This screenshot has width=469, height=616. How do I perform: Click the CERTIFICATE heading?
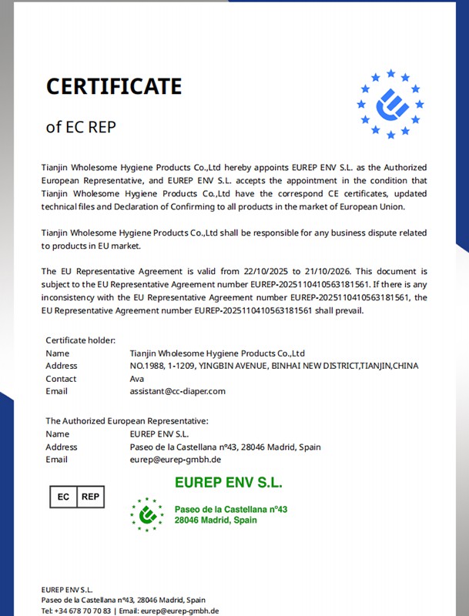coord(114,85)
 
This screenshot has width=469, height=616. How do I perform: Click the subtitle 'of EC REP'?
coord(81,126)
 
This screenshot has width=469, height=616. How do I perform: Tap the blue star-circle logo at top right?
coord(390,104)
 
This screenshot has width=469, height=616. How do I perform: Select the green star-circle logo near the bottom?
coord(146,514)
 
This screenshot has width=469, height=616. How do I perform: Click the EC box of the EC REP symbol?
coord(64,497)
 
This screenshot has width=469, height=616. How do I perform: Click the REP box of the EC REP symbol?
coord(91,497)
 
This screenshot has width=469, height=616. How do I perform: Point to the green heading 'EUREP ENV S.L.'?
coord(228,484)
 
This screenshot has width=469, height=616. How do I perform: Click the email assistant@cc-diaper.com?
coord(177,391)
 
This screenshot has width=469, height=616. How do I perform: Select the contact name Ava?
coord(137,379)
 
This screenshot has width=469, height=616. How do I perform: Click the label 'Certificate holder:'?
coord(80,340)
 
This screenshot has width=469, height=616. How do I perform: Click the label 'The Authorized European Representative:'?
coord(127,421)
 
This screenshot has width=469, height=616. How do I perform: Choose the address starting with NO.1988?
coord(273,366)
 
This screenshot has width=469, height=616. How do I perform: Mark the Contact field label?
coord(61,379)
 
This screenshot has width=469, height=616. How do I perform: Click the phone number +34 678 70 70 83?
coord(82,611)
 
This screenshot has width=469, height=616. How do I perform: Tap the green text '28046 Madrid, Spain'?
coord(216,521)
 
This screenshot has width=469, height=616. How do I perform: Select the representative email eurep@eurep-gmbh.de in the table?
coord(176,460)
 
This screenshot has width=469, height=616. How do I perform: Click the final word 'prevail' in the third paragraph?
coord(347,311)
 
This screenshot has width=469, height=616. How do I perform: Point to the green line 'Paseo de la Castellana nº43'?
coord(230,509)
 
